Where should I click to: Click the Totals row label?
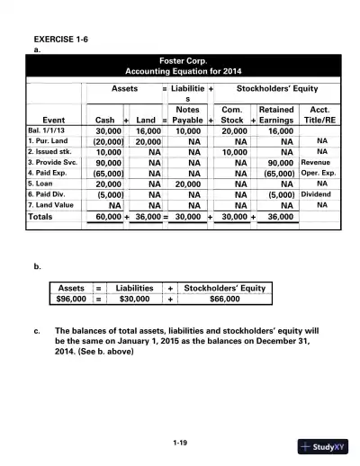pyautogui.click(x=40, y=217)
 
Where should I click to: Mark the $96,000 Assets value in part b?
pyautogui.click(x=71, y=300)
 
